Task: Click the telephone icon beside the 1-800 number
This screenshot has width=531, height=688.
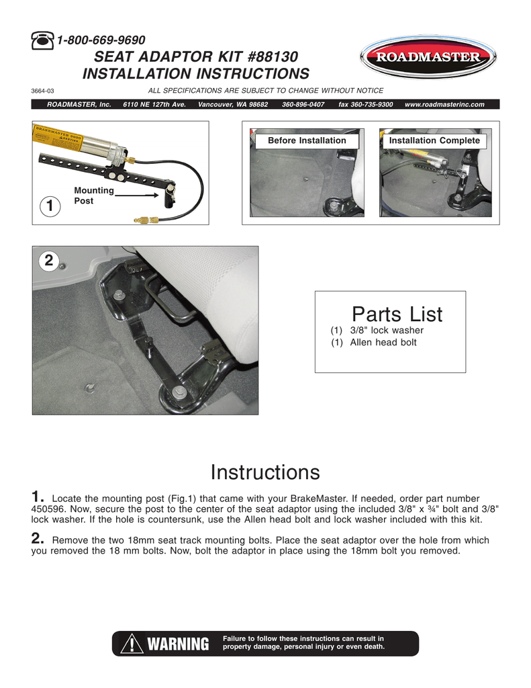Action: point(43,41)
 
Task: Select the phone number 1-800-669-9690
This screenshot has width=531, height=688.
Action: point(101,41)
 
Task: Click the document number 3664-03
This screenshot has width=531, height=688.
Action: point(43,91)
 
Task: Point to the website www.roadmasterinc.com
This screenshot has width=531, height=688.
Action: point(444,105)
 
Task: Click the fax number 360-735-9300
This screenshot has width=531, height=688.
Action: point(365,105)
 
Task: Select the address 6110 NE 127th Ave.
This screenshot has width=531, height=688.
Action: point(154,105)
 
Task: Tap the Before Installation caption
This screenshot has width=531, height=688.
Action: point(307,140)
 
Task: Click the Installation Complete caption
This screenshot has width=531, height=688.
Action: point(434,140)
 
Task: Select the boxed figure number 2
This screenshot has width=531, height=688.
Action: point(48,262)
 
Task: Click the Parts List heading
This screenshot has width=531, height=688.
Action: point(397,314)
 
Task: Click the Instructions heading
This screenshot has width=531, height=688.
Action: point(265,472)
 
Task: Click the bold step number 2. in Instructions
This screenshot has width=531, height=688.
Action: point(38,539)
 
